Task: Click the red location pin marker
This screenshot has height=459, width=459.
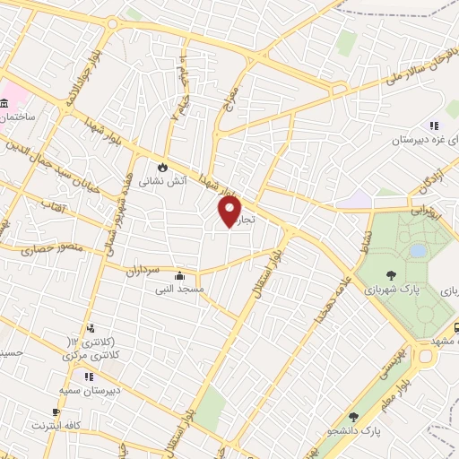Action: point(230,211)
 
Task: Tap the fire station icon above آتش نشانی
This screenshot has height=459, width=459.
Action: point(162,167)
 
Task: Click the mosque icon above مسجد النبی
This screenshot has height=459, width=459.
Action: point(182,275)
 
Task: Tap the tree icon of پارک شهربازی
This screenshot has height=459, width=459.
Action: point(391,275)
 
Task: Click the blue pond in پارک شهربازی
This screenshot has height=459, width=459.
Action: point(418,250)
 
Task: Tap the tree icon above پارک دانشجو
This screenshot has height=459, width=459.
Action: point(353,416)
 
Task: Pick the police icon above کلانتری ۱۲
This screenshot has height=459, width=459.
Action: point(91,329)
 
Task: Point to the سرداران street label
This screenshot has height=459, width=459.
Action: point(141,269)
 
